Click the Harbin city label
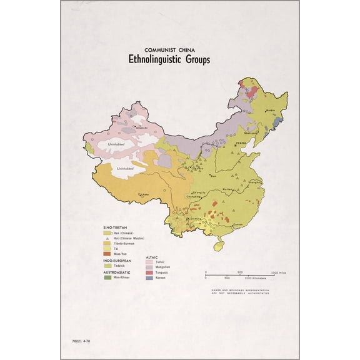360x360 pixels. [x=270, y=110]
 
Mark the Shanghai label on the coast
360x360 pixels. [x=254, y=182]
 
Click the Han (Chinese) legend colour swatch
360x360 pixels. [x=107, y=232]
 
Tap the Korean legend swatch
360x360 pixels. [x=150, y=277]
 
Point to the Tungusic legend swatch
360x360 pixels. [x=150, y=272]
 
